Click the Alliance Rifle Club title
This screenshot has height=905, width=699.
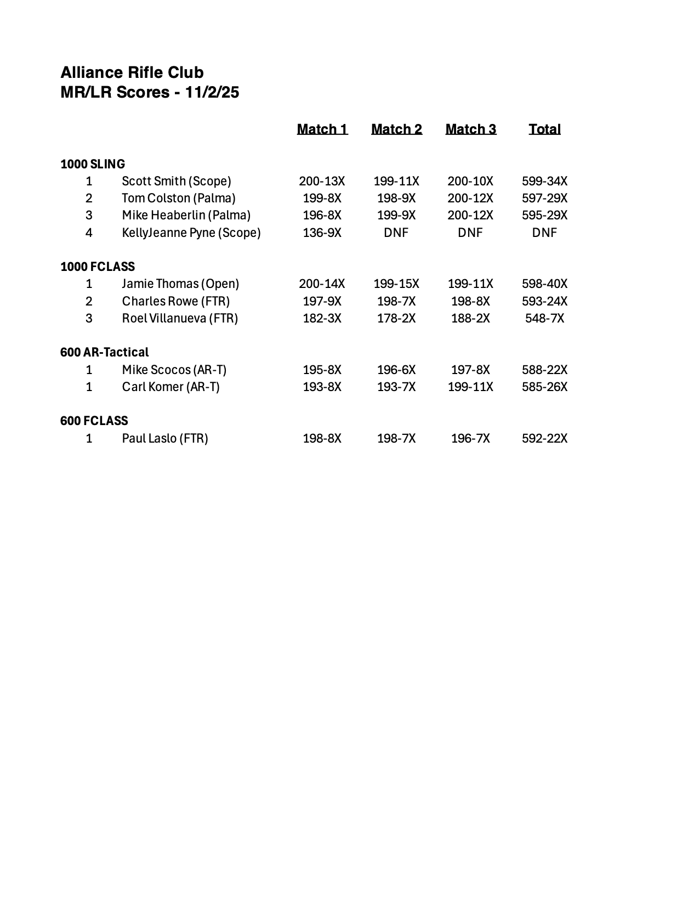point(132,72)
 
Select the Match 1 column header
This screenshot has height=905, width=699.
point(322,129)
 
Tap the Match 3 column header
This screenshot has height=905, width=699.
point(470,129)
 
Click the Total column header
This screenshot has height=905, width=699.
point(544,129)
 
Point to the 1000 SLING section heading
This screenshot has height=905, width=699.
point(93,164)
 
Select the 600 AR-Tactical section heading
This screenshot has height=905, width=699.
point(104,352)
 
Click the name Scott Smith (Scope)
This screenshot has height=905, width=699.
point(176,181)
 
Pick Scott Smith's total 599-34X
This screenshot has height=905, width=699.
point(544,181)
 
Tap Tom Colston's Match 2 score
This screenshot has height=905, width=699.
point(396,198)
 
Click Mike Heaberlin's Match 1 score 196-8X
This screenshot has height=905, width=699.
point(322,215)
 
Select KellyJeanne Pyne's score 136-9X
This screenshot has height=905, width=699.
point(322,233)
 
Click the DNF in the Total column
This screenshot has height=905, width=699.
point(544,233)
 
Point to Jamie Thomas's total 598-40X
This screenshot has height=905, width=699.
point(544,284)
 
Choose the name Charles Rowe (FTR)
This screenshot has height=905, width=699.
point(175,301)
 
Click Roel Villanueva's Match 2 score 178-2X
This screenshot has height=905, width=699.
point(396,318)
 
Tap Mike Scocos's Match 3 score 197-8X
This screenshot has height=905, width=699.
point(470,370)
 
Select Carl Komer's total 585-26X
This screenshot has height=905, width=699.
point(544,387)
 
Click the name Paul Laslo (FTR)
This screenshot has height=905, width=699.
point(164,438)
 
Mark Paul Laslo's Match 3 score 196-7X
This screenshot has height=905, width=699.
point(470,438)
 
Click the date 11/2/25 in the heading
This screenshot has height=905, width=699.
point(212,92)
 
